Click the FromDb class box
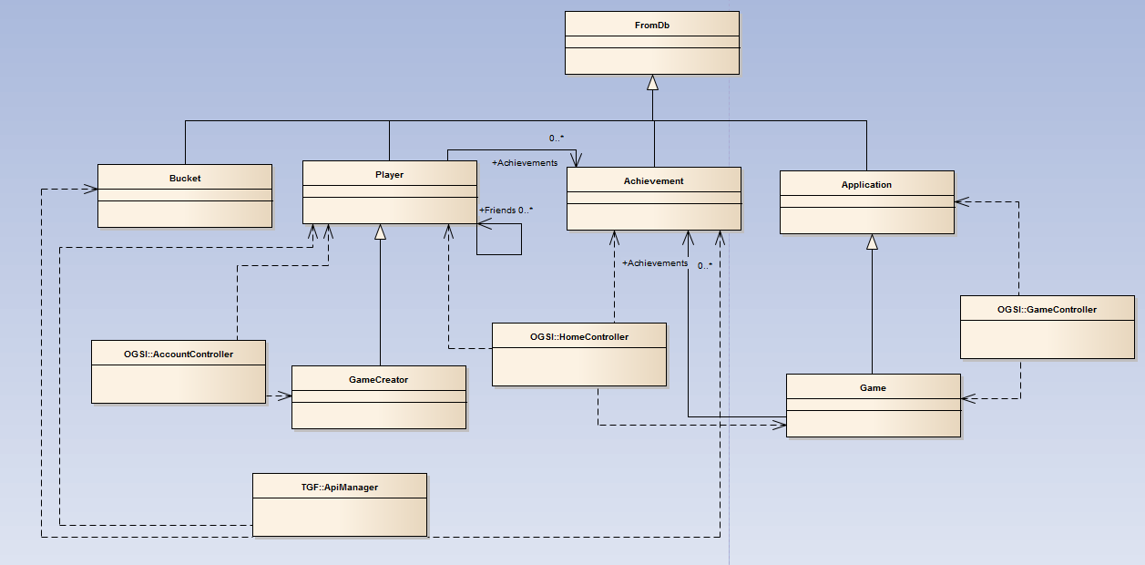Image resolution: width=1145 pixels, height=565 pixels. pos(651,43)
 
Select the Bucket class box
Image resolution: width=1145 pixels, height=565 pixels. pos(185,196)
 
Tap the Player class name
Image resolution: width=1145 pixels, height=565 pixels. pos(389,175)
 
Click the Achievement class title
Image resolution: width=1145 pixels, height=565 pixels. pos(653,181)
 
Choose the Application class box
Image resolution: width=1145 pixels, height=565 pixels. pos(866,202)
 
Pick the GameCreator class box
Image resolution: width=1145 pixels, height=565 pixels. pos(378,396)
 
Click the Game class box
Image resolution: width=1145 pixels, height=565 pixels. pos(873,405)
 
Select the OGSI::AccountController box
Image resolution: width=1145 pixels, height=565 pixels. pos(178,371)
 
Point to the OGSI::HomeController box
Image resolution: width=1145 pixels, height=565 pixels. pos(579,354)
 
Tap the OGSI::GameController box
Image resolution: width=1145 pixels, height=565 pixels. pos(1048,326)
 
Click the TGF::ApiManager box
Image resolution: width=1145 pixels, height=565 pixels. pos(339,504)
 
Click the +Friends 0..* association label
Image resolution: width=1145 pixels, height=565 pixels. pos(506,211)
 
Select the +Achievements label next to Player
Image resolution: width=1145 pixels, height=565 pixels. pos(525,163)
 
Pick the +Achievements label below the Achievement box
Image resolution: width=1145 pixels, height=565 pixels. pos(655,263)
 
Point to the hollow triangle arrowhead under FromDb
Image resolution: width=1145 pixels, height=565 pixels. pos(652,83)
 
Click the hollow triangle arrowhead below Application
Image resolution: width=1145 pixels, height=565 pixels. pos(872,241)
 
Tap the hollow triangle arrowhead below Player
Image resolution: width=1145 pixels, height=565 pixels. pos(381,232)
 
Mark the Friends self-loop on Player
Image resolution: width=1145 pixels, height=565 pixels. pos(500,239)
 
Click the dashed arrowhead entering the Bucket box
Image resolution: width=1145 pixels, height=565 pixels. pos(91,189)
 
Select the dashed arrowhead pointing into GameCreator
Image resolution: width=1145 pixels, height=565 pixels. pos(285,395)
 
